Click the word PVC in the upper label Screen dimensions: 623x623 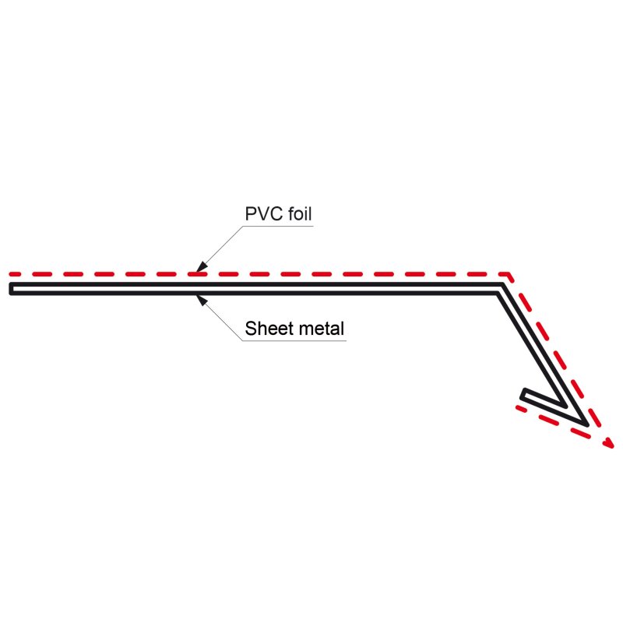(x=260, y=213)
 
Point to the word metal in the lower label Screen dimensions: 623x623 (x=320, y=328)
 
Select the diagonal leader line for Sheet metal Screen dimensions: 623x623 (x=220, y=318)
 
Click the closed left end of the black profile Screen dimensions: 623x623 (x=12, y=289)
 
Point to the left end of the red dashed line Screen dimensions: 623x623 (x=13, y=275)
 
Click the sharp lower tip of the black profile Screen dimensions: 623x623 (x=584, y=423)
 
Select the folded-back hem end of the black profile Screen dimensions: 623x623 (x=525, y=395)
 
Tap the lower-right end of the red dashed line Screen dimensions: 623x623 (x=608, y=445)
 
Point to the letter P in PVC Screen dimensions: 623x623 (x=250, y=213)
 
